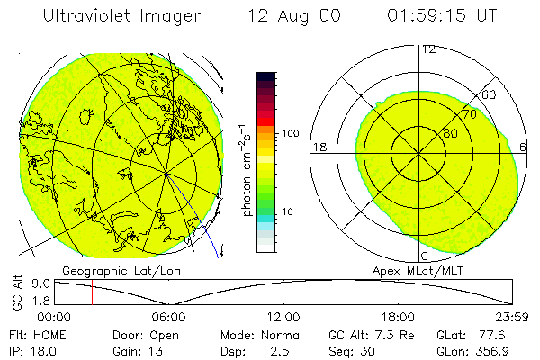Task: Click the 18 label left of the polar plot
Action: click(x=318, y=147)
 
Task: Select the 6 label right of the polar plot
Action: click(x=524, y=147)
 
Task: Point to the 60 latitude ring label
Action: click(x=490, y=94)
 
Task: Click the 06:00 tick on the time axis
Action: click(x=169, y=317)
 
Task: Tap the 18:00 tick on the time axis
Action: click(x=398, y=317)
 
